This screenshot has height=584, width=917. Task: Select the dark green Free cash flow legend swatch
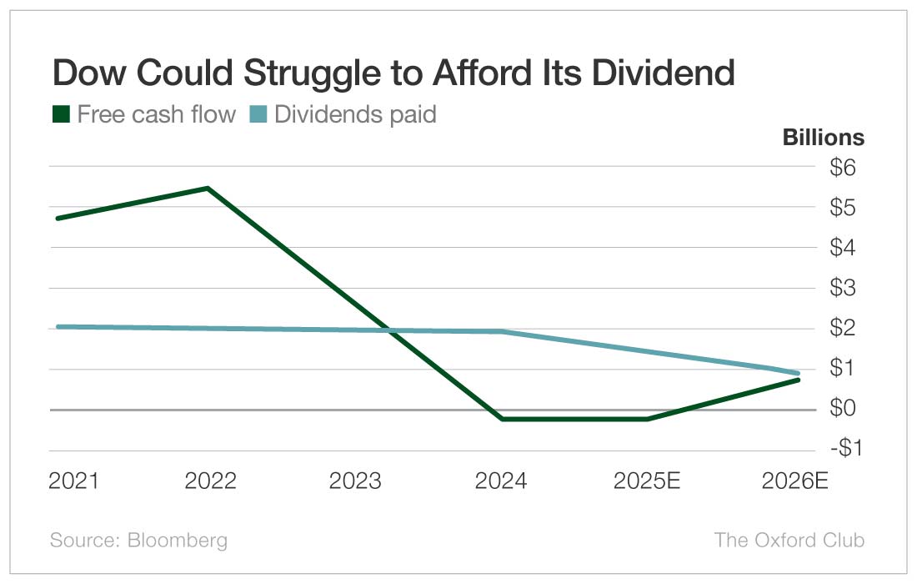60,114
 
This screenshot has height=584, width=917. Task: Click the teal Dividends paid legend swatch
258,114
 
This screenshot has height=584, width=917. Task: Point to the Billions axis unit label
823,138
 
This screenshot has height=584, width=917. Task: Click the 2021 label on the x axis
73,481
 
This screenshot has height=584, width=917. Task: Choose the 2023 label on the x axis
355,481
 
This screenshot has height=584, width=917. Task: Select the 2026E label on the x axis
795,481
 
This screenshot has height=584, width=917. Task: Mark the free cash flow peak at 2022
208,188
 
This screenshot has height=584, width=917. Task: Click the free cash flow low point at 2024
502,419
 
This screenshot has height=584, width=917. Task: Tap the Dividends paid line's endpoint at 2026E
797,373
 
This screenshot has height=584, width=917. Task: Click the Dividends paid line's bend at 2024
502,331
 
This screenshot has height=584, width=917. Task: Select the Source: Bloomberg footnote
138,540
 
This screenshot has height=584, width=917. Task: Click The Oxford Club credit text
789,540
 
